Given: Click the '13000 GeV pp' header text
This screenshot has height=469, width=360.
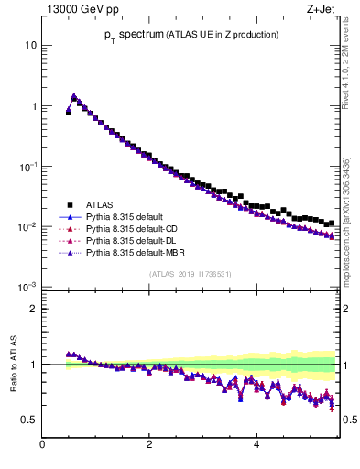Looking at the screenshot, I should click(77, 10).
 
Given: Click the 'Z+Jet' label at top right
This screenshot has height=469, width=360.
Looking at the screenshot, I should click(321, 10).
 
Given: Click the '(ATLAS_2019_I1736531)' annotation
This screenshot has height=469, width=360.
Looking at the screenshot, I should click(189, 274).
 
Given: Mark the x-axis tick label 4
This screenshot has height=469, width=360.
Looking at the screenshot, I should click(256, 446).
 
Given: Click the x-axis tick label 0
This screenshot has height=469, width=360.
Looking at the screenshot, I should click(42, 446).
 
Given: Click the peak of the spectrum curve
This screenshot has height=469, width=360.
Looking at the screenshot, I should click(74, 95).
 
